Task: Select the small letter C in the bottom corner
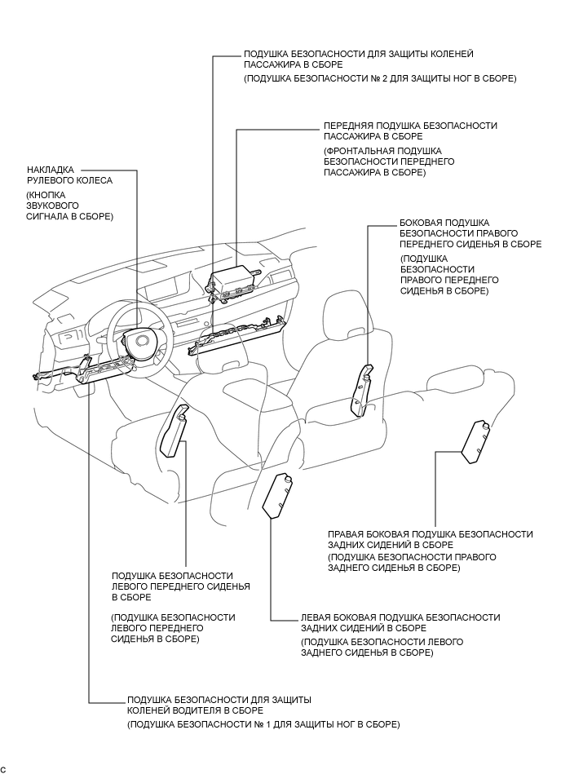tap(3, 769)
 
